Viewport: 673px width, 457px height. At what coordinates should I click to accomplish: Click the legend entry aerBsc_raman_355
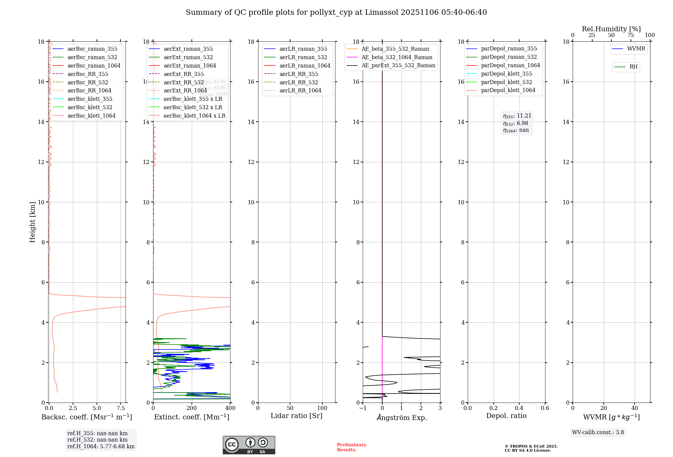(92, 49)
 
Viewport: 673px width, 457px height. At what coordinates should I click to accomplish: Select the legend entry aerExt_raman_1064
(190, 66)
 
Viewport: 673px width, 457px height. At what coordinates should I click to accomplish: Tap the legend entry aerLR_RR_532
(298, 82)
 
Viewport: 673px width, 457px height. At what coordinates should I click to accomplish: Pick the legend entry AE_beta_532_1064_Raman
(397, 57)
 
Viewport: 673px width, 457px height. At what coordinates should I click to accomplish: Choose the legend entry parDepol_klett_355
(506, 74)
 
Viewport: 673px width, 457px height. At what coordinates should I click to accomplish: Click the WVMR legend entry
(636, 49)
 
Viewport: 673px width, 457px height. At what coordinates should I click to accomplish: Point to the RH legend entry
(633, 67)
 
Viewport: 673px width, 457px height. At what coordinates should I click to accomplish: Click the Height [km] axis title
(32, 222)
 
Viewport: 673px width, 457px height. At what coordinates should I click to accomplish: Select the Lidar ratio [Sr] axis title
(296, 416)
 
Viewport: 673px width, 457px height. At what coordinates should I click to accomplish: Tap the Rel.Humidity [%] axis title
(611, 29)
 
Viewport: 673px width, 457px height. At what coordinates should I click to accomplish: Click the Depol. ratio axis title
(506, 416)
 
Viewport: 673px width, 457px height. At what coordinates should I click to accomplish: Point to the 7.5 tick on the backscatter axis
(120, 408)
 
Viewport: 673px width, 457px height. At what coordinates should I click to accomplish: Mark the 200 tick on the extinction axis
(192, 408)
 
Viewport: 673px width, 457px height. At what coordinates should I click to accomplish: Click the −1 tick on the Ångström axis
(363, 408)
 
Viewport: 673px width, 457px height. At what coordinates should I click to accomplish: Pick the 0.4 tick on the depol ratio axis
(519, 408)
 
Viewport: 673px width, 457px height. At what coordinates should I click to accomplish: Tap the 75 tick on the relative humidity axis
(631, 35)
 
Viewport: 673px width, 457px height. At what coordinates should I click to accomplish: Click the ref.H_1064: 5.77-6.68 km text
(101, 447)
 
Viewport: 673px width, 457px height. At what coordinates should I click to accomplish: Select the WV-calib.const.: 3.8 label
(598, 432)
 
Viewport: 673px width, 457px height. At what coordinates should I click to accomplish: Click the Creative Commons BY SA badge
(249, 445)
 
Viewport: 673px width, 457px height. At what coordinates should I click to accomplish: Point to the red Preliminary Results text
(351, 447)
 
